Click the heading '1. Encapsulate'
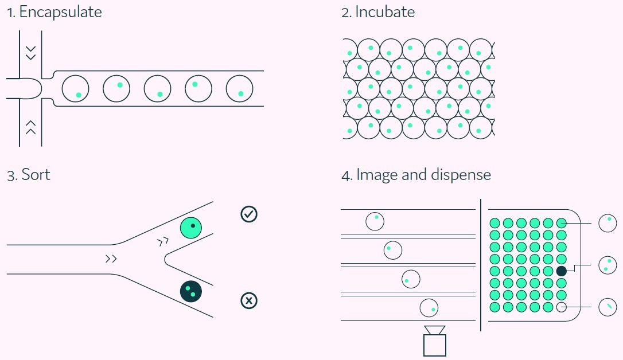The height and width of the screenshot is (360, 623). [54, 13]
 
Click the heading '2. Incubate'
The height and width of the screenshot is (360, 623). [378, 13]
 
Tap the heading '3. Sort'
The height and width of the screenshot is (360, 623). [29, 175]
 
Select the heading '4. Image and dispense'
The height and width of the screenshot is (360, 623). [416, 175]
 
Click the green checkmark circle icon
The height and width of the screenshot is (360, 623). [249, 214]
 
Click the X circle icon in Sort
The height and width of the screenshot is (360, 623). [249, 300]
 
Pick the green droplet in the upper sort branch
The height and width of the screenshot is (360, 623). [192, 228]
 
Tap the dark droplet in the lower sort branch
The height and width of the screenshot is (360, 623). [192, 291]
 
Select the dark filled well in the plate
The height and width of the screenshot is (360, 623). [562, 271]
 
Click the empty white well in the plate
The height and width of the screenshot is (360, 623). [562, 307]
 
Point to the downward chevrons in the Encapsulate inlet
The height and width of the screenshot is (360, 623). [31, 52]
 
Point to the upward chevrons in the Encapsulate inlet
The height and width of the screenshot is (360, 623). [31, 127]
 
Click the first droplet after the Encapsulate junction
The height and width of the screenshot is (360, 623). [75, 89]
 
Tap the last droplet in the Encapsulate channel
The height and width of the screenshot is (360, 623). [240, 89]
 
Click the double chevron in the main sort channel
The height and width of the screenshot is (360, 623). [111, 259]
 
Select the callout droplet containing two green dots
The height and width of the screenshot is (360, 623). [608, 265]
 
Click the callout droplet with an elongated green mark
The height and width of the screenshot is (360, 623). [608, 307]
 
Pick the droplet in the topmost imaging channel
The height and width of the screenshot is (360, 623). [375, 221]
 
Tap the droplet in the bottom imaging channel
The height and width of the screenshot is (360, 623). [429, 308]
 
